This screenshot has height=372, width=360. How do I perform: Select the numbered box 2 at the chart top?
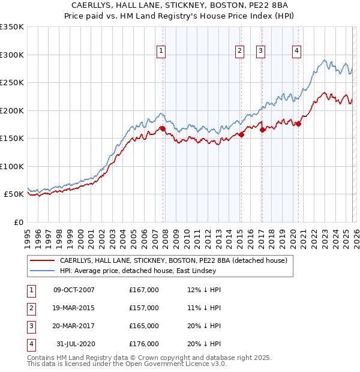(x=240, y=52)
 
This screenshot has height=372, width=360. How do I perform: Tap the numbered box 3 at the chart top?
(x=261, y=52)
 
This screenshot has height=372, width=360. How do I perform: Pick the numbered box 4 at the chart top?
(x=297, y=52)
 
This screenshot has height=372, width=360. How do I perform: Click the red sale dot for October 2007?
(x=163, y=128)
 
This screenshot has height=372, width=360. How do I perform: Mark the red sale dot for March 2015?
(x=241, y=134)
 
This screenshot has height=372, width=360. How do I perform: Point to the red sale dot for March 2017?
(x=262, y=130)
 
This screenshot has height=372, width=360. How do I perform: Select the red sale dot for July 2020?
(x=298, y=124)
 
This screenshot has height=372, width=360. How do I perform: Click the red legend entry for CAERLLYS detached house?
(x=173, y=260)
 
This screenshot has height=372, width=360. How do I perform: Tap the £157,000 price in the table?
(x=144, y=308)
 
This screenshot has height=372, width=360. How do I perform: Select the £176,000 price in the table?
(x=144, y=344)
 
